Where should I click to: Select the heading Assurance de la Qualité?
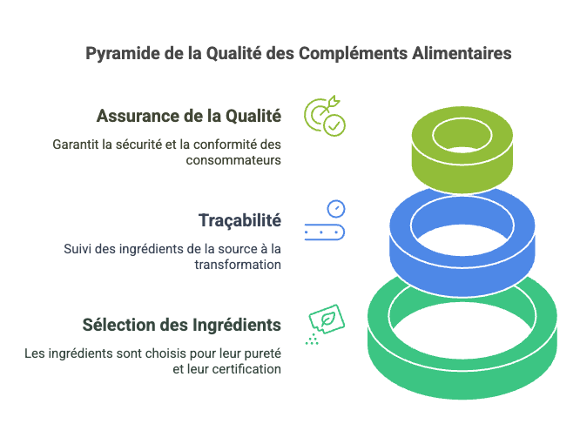(x=189, y=116)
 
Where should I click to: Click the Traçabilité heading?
(x=239, y=221)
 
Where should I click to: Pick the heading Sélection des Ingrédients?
(x=182, y=326)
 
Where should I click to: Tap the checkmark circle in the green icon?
(x=334, y=125)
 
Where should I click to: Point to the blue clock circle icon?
(x=336, y=209)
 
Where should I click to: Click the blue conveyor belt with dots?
(x=325, y=232)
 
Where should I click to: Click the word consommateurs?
(x=233, y=160)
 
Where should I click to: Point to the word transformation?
(x=238, y=265)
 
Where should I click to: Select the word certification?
(x=246, y=369)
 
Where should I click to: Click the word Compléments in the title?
(x=353, y=54)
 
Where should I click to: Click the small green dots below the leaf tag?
(x=312, y=340)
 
